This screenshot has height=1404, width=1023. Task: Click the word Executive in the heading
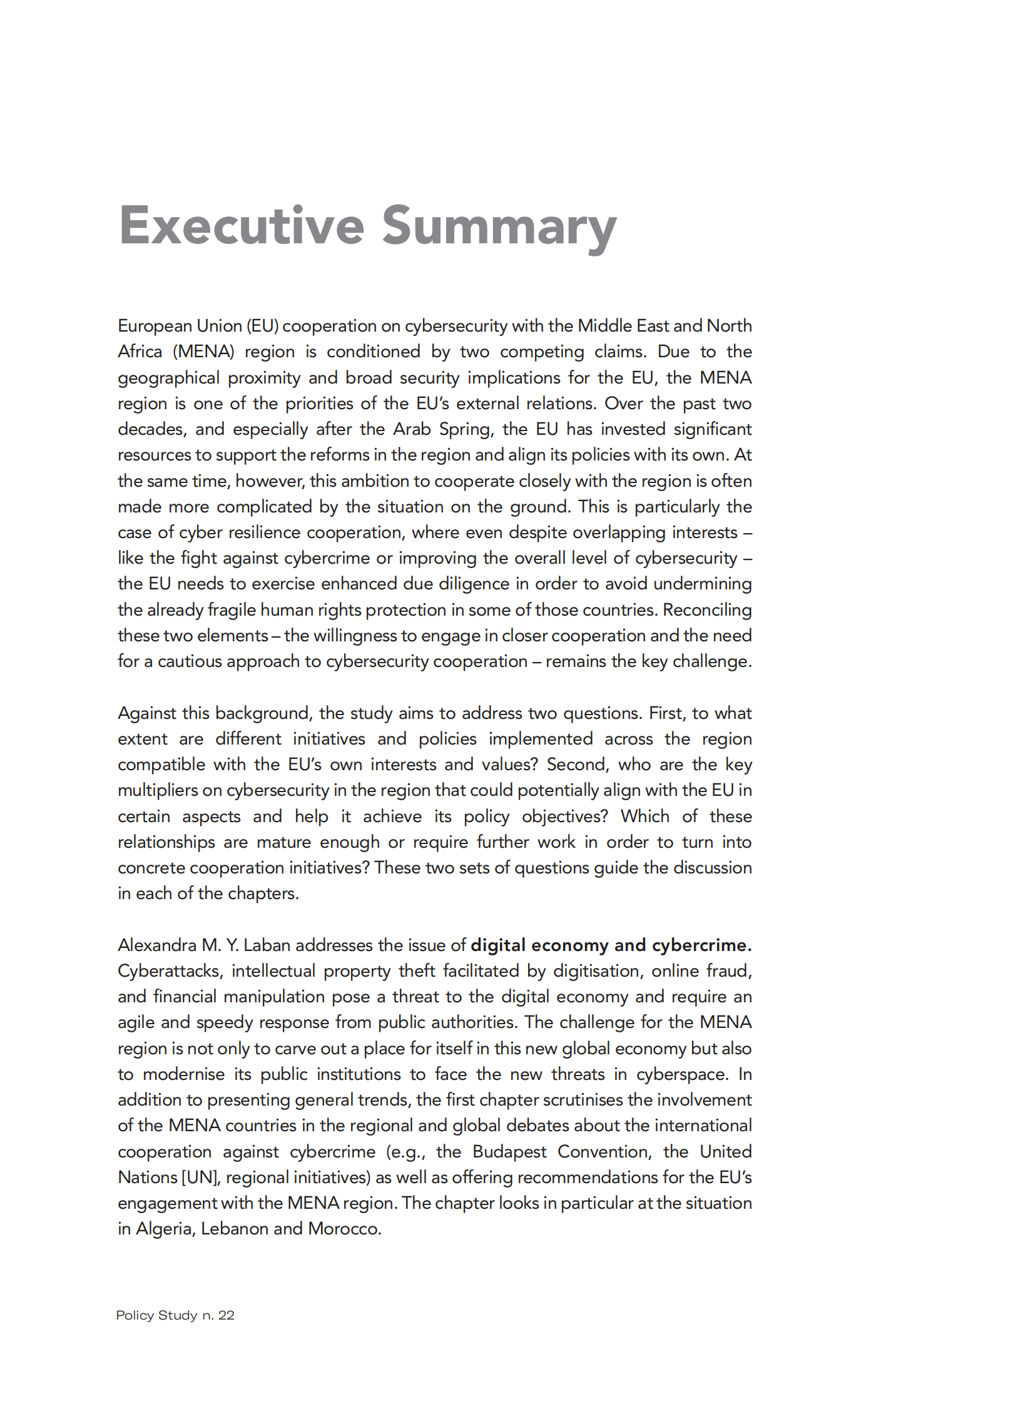tap(242, 226)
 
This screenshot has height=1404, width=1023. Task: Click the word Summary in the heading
tap(499, 226)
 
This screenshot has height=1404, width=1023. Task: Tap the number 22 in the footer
tap(226, 1315)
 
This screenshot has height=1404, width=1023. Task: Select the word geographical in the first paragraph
tap(168, 378)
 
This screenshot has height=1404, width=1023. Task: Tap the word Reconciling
tap(707, 610)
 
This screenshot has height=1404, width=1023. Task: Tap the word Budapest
tap(509, 1151)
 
